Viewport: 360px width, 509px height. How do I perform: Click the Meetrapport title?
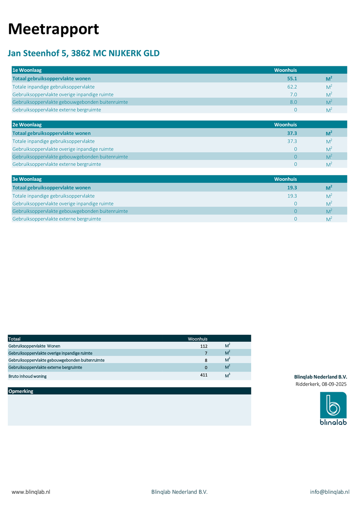pyautogui.click(x=53, y=29)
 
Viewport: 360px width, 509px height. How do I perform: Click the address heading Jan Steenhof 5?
pyautogui.click(x=83, y=53)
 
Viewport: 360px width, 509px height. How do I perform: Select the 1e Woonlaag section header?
pyautogui.click(x=27, y=70)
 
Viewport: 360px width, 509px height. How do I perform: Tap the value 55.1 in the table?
pyautogui.click(x=292, y=78)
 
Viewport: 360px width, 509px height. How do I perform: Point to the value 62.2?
pyautogui.click(x=292, y=87)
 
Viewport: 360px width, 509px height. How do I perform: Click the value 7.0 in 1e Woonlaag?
pyautogui.click(x=293, y=94)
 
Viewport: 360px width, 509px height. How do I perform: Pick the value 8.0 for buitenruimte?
pyautogui.click(x=293, y=102)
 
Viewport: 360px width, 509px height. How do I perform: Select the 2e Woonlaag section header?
pyautogui.click(x=27, y=124)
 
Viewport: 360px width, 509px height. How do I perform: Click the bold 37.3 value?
pyautogui.click(x=292, y=133)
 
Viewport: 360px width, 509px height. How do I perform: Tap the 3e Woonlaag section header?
pyautogui.click(x=27, y=179)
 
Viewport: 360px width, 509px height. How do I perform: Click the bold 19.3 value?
pyautogui.click(x=292, y=188)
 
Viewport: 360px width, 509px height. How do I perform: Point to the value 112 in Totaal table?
pyautogui.click(x=204, y=346)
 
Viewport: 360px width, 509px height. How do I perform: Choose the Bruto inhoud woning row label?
pyautogui.click(x=28, y=376)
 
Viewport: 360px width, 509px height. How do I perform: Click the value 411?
pyautogui.click(x=204, y=375)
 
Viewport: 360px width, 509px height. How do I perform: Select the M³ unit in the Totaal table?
pyautogui.click(x=227, y=375)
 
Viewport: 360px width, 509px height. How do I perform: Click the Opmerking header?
pyautogui.click(x=21, y=391)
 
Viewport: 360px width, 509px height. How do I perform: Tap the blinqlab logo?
pyautogui.click(x=333, y=408)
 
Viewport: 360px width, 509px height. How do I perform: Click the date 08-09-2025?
pyautogui.click(x=334, y=384)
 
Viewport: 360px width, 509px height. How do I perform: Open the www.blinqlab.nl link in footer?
pyautogui.click(x=31, y=492)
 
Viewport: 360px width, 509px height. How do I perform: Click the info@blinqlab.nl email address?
pyautogui.click(x=330, y=492)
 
